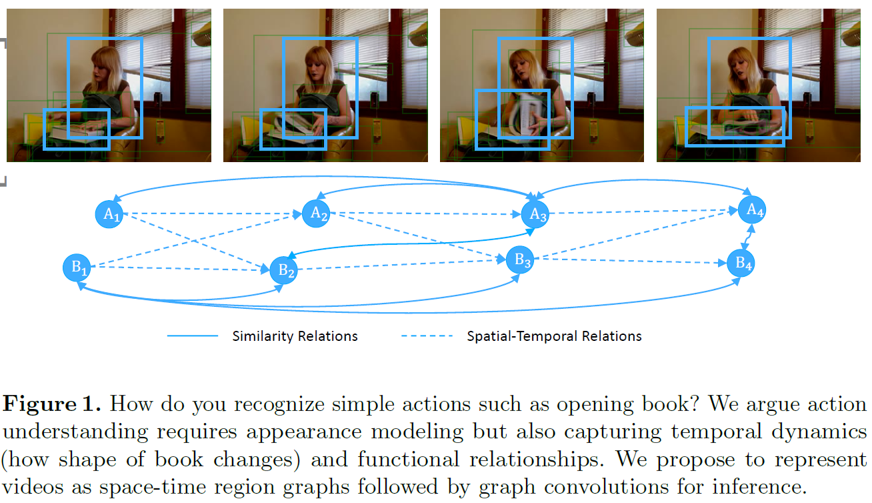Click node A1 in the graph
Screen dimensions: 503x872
(109, 214)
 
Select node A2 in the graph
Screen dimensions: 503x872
(317, 213)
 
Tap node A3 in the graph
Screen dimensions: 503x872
(535, 214)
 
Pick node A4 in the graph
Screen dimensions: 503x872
(752, 210)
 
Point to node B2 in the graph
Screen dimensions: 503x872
(283, 270)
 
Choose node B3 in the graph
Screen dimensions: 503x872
(519, 260)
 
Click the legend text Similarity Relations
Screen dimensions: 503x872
(295, 336)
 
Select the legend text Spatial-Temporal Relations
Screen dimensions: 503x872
(554, 336)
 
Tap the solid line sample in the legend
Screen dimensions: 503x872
(192, 336)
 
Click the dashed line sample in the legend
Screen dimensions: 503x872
(427, 336)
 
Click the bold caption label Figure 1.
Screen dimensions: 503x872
(53, 404)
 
